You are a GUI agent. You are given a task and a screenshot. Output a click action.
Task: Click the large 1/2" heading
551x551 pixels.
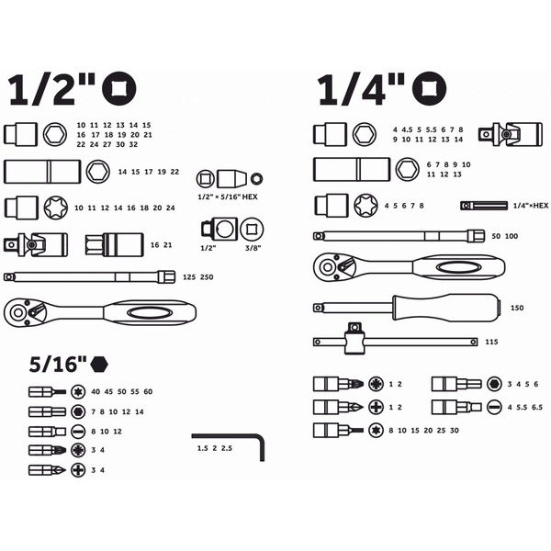click(51, 89)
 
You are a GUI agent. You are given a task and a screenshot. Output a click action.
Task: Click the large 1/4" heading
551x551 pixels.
click(361, 89)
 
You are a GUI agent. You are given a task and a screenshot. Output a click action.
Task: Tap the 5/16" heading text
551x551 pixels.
click(58, 365)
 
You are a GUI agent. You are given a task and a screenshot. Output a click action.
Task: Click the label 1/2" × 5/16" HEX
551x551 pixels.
click(228, 197)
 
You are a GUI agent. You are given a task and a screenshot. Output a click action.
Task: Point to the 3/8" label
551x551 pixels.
click(253, 248)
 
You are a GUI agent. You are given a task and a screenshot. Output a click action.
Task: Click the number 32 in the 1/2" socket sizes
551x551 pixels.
click(133, 144)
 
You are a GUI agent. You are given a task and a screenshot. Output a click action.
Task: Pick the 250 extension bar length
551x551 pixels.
click(207, 277)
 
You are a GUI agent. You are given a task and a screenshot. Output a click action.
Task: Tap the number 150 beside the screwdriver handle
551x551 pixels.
click(517, 309)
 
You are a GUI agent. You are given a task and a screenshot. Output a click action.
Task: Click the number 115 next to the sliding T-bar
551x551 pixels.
click(491, 342)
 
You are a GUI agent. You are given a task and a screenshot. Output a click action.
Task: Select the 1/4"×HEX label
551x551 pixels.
click(531, 206)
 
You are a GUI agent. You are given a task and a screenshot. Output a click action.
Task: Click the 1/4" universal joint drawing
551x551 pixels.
click(511, 134)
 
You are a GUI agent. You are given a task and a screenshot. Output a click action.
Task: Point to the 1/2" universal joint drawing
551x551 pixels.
click(36, 244)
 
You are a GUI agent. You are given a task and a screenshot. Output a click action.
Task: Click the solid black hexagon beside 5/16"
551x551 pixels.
click(99, 365)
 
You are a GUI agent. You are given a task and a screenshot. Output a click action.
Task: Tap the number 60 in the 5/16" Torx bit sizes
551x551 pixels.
click(148, 392)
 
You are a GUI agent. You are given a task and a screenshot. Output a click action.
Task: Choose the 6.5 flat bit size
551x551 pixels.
click(537, 408)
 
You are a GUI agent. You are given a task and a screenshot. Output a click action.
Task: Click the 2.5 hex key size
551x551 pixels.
click(227, 448)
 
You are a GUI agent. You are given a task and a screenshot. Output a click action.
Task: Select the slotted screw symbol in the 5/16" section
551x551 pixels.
click(78, 432)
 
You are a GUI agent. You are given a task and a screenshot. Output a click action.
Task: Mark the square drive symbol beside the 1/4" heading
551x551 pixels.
click(430, 89)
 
